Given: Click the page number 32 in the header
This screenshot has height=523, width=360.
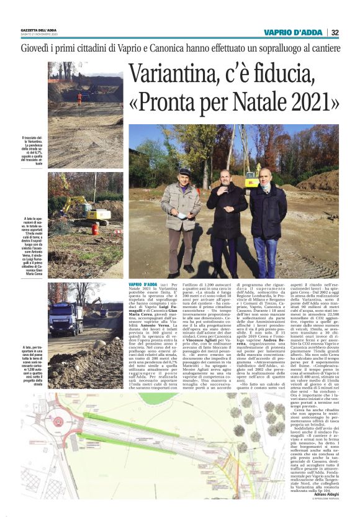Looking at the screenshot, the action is coord(335,32).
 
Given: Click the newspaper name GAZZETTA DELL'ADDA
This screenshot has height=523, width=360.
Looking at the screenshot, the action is coord(41,30).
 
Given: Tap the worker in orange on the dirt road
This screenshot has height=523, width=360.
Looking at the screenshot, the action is coord(79,98).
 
